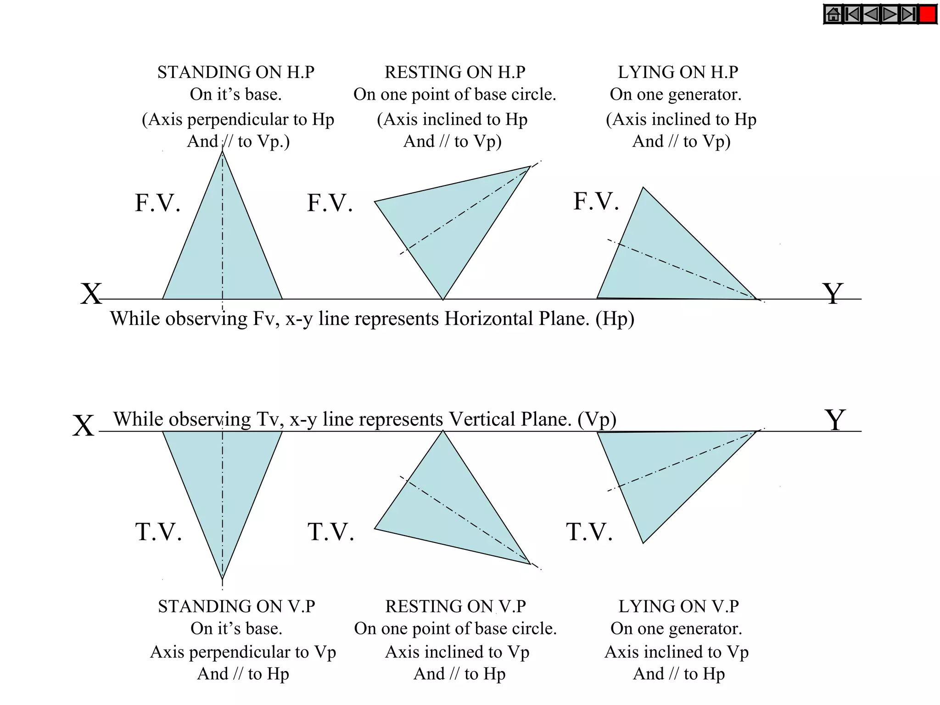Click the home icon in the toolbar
(833, 15)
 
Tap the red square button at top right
(928, 15)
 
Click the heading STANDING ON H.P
(236, 73)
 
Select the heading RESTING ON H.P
(455, 73)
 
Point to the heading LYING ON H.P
(678, 73)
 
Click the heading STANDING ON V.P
(236, 606)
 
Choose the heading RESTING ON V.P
(455, 606)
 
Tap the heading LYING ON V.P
(678, 606)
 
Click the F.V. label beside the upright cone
(157, 203)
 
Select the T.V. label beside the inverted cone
(158, 532)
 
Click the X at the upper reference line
(91, 294)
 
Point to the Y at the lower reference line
(835, 420)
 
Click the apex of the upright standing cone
(223, 151)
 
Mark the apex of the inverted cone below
(223, 579)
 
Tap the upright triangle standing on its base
(223, 248)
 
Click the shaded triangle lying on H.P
(661, 257)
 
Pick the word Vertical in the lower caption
(482, 420)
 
